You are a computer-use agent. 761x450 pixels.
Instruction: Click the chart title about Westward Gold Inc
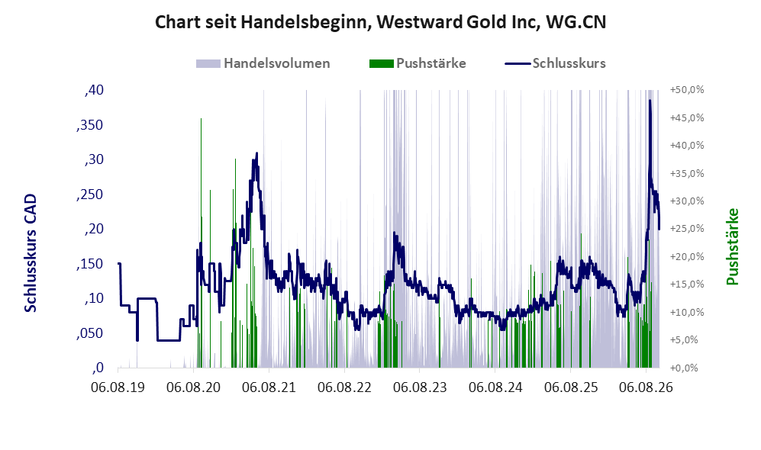380,22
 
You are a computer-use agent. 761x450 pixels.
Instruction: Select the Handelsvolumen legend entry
263,63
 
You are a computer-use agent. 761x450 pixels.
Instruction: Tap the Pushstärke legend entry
418,63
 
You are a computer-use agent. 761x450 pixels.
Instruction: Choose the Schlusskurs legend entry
555,63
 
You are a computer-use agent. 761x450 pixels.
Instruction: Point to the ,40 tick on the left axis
94,90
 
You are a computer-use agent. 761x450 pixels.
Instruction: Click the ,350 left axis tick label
90,125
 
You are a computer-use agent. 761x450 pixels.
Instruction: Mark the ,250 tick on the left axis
90,194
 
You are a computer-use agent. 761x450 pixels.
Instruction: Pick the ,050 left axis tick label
90,333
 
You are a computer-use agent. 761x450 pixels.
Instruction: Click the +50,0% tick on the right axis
687,90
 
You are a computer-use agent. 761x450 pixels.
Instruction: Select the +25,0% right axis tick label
687,229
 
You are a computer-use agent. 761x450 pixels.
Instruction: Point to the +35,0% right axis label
687,174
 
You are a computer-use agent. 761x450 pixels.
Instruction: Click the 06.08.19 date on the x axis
118,387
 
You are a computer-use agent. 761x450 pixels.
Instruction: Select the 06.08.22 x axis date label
344,387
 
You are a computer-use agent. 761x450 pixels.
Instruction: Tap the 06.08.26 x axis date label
647,387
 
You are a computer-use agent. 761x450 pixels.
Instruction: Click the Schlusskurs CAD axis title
31,253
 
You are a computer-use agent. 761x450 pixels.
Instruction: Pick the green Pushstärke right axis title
732,247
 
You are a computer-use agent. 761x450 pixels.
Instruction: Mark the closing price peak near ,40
650,101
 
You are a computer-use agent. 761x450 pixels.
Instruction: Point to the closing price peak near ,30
256,153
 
